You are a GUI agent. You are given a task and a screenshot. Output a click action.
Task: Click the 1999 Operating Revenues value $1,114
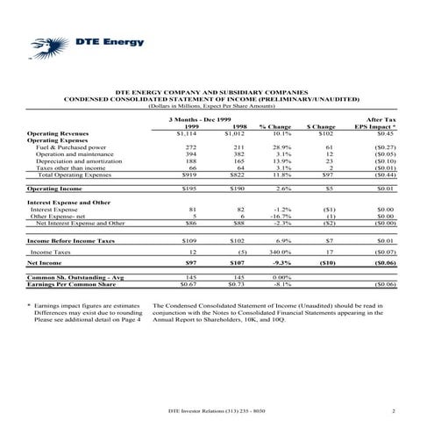(185, 134)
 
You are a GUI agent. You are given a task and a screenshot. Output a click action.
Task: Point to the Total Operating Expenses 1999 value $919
(185, 176)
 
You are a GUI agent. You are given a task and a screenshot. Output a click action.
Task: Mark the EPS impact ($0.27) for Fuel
(384, 148)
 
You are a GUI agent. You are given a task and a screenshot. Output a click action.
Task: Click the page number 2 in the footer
(395, 411)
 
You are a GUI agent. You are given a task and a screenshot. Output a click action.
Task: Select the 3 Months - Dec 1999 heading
(199, 118)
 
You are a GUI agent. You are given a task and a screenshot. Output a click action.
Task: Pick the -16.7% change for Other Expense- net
(281, 217)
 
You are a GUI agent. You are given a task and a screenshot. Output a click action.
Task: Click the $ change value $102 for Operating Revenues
(327, 134)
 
